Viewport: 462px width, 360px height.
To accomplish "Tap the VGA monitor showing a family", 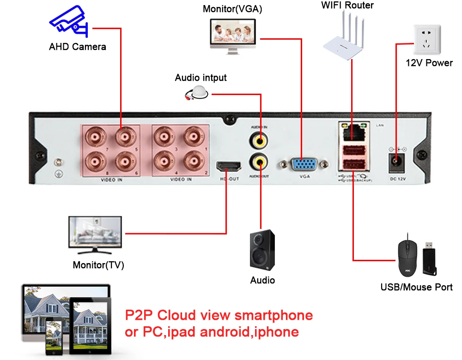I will coord(234,36).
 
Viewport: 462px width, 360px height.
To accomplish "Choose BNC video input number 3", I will coord(164,137).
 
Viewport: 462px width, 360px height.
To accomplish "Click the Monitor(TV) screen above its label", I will coord(95,234).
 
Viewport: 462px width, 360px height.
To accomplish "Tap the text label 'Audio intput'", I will coord(201,78).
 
